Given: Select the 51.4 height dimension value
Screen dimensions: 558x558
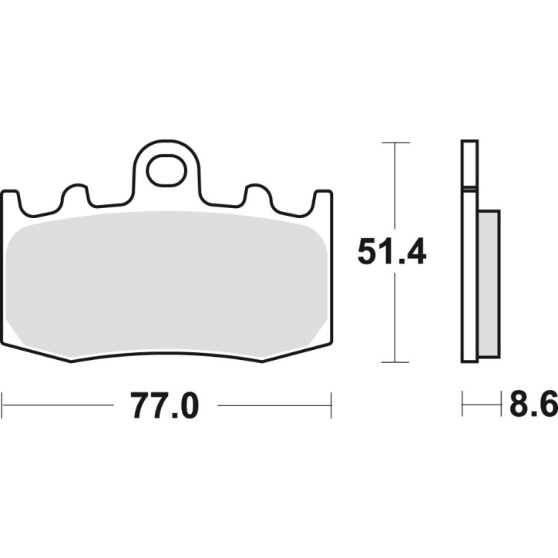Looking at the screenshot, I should (x=392, y=252).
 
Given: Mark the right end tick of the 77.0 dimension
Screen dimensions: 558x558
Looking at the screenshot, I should (x=331, y=405).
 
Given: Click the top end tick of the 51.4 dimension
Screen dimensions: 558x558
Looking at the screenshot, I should (x=395, y=143).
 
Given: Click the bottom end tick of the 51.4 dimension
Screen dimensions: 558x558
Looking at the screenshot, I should (x=395, y=361).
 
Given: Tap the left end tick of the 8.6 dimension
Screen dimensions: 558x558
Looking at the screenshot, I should (x=462, y=405).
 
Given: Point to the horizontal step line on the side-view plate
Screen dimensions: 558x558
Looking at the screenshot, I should (x=469, y=187).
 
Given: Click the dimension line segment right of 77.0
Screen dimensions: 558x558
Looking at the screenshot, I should (x=274, y=405).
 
